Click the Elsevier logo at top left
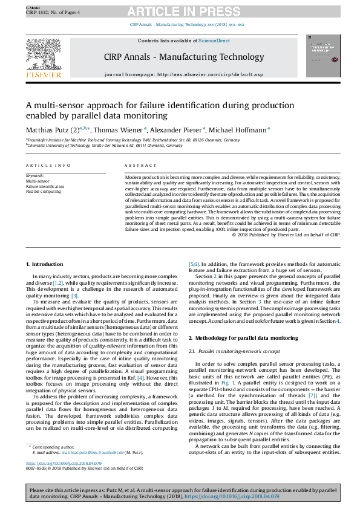pos(43,58)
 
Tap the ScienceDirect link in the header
pos(215,41)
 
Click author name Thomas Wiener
pos(117,129)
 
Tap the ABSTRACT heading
pos(136,165)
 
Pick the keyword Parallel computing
pos(44,192)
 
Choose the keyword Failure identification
pos(44,186)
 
